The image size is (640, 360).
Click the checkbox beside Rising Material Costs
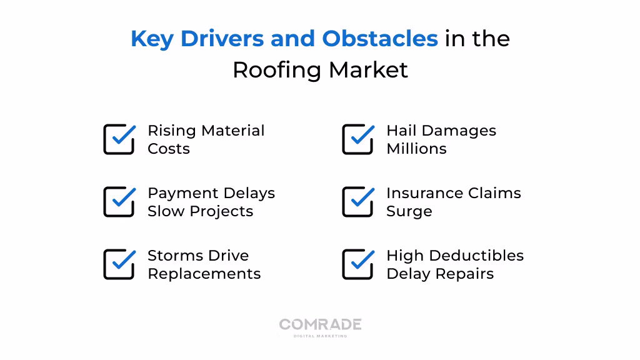pos(119,139)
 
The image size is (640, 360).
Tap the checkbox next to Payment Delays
pos(119,202)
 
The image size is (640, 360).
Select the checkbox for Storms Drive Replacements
pos(119,264)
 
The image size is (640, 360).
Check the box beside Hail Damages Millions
pos(357,139)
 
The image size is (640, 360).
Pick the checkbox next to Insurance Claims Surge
pos(357,202)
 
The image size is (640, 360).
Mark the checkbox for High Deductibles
pos(357,264)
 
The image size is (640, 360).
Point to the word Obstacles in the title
pos(380,39)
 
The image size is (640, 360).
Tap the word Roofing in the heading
pos(277,70)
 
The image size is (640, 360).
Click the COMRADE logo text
pos(320,324)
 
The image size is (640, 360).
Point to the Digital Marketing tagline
pos(320,336)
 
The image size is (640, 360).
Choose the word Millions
pos(416,149)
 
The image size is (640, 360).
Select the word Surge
pos(409,211)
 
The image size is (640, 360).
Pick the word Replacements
pos(204,274)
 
